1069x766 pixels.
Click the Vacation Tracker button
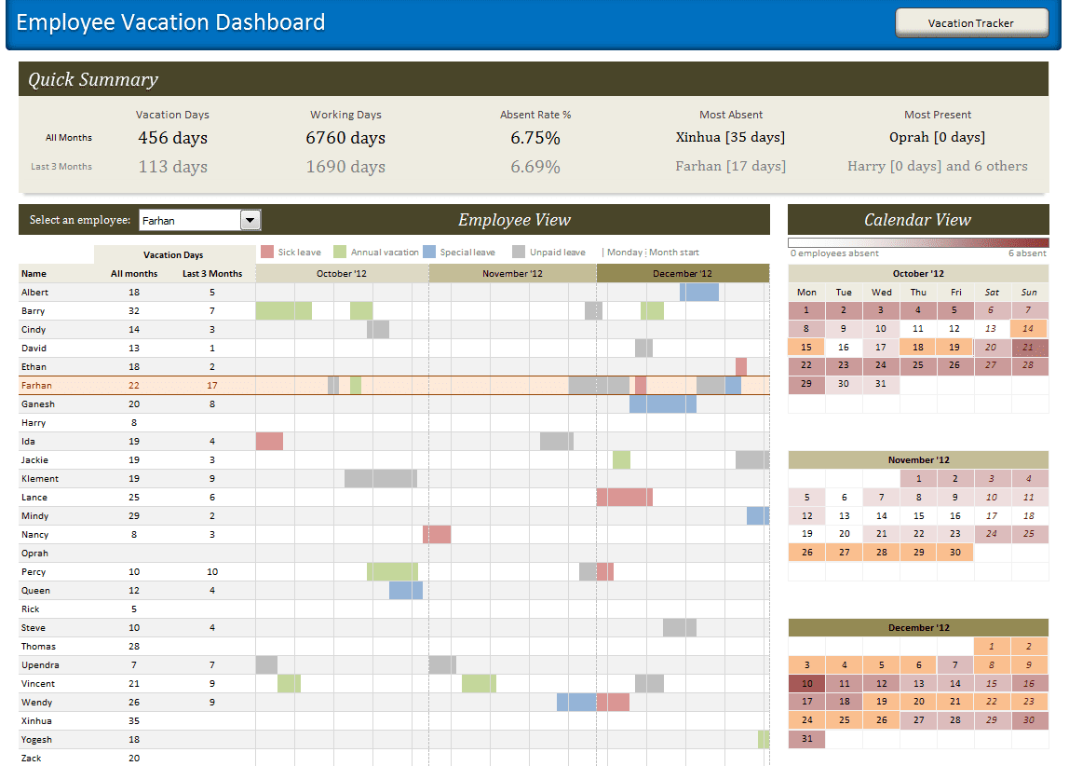point(970,23)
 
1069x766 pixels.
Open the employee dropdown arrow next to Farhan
point(250,221)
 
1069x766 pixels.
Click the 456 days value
point(172,138)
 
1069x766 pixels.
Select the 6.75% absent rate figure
point(534,138)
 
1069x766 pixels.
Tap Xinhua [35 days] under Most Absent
point(730,137)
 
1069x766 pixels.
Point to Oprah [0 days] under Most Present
point(937,137)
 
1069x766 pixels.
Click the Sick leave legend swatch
point(267,252)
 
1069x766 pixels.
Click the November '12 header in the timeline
point(512,274)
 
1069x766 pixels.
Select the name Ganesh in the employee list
point(38,404)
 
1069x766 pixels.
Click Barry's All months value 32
point(134,311)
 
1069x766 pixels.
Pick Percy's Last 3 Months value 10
point(212,572)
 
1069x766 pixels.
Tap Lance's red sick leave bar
point(624,498)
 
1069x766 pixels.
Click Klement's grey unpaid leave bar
point(380,479)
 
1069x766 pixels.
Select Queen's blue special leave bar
point(405,591)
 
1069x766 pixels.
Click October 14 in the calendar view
point(1028,328)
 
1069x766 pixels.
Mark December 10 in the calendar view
point(806,683)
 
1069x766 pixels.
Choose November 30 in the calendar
point(954,552)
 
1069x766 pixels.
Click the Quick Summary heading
point(93,80)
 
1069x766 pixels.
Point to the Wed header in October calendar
point(881,292)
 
